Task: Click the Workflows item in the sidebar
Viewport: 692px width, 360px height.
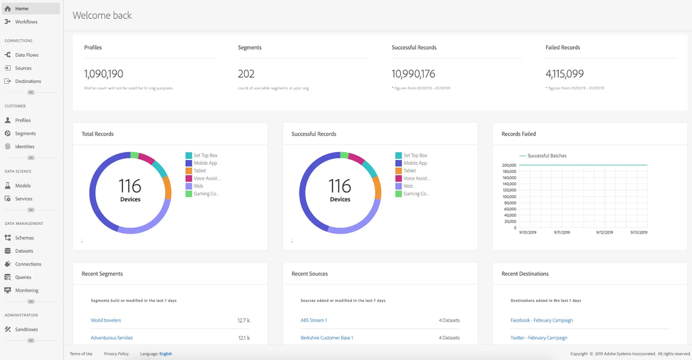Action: click(x=26, y=22)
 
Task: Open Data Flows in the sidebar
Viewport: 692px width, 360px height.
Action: click(x=26, y=55)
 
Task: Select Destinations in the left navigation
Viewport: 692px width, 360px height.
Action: click(x=28, y=81)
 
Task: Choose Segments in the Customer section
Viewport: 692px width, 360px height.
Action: click(x=25, y=134)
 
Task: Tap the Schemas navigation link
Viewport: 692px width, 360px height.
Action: click(x=24, y=238)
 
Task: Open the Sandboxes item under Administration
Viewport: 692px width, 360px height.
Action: click(x=26, y=330)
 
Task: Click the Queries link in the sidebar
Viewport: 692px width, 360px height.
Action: click(x=23, y=278)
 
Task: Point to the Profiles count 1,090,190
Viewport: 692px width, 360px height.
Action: click(x=103, y=74)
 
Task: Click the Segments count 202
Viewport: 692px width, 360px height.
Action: click(x=246, y=74)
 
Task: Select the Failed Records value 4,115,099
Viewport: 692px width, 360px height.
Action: click(x=564, y=74)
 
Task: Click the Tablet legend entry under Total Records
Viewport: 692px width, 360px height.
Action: click(x=199, y=171)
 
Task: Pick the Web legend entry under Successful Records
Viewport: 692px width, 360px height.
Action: click(x=408, y=186)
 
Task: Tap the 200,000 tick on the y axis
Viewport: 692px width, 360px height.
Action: click(x=509, y=165)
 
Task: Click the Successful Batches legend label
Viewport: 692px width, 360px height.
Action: click(x=547, y=156)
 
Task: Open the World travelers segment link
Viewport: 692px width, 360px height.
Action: click(x=106, y=320)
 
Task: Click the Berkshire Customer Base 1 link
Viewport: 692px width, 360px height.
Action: click(x=327, y=338)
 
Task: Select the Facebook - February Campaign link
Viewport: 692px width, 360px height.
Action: click(x=541, y=320)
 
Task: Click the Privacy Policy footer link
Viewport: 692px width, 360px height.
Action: click(x=116, y=354)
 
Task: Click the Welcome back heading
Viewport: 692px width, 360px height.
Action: click(x=102, y=15)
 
